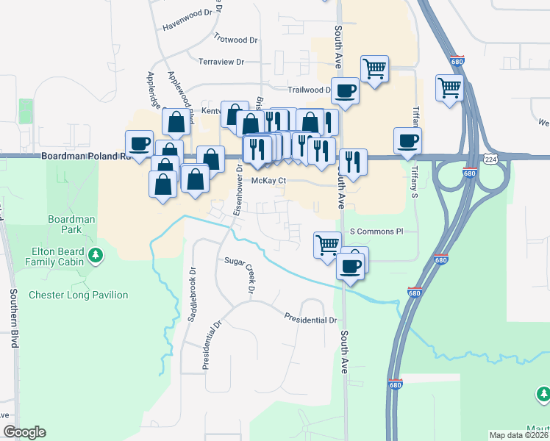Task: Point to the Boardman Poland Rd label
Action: pos(85,157)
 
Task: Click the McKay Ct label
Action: pos(268,180)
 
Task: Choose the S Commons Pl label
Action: pos(376,231)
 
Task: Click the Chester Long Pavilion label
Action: pos(78,295)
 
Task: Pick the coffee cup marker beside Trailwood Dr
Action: pos(345,91)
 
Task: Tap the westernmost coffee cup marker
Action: pos(140,143)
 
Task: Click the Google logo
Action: pos(24,432)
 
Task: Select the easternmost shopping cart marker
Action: pos(449,88)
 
